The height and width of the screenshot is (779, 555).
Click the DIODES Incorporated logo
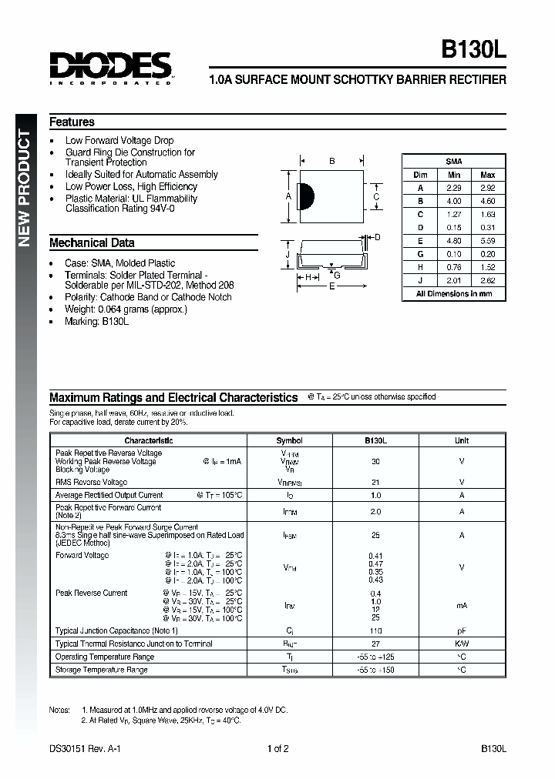pos(109,68)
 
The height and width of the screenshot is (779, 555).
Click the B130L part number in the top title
pos(473,53)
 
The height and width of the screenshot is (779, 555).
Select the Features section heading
pos(72,122)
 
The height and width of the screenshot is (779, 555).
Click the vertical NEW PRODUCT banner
pos(24,189)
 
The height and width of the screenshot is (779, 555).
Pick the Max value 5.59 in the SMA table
pos(487,241)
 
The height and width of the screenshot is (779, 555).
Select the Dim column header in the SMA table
pos(420,176)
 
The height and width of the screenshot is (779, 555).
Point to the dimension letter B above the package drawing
pos(331,162)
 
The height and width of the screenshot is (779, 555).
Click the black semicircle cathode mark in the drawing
pos(304,196)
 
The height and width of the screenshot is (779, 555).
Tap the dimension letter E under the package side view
pos(332,286)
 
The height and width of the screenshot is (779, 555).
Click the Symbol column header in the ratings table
pos(289,441)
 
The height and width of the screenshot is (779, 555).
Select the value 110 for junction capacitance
pos(375,630)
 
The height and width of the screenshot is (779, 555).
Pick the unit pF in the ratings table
pos(461,630)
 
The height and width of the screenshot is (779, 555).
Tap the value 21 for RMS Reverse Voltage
pos(375,482)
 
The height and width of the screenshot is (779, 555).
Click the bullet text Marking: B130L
pos(96,321)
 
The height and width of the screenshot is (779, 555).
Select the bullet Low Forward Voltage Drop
pos(119,141)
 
